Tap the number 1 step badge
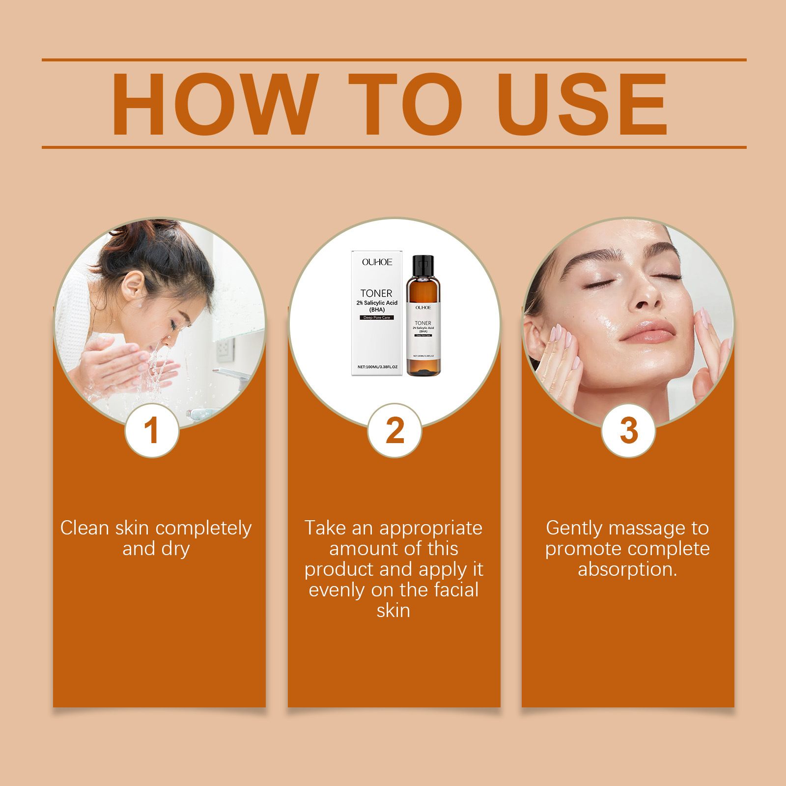coord(152,431)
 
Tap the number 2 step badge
coord(394,431)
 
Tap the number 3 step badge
coord(628,431)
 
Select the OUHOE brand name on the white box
coord(377,262)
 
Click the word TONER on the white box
coord(376,294)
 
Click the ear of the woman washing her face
coord(132,285)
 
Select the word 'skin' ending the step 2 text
coord(393,611)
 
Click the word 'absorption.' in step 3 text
coord(627,569)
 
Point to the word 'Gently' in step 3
coord(574,529)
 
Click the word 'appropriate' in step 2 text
coord(430,529)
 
